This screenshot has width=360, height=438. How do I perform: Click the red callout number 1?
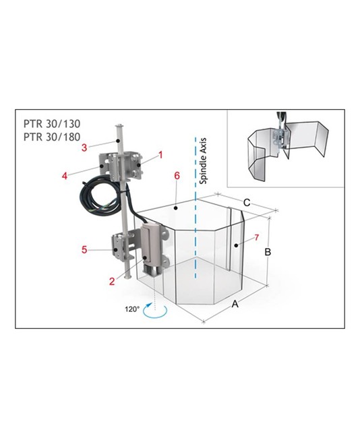[160, 155]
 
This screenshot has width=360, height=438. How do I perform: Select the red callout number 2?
[112, 281]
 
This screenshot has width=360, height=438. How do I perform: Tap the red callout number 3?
[84, 148]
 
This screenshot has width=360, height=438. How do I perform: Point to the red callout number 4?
[65, 176]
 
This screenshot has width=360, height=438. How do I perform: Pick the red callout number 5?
[84, 249]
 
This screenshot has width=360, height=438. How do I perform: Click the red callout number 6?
[177, 176]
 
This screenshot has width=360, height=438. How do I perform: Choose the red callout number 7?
[257, 238]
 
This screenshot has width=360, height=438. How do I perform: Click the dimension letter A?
[235, 304]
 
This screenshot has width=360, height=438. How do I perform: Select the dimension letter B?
[268, 252]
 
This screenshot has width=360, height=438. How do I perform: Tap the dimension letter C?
[247, 202]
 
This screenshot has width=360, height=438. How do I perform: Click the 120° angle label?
[132, 309]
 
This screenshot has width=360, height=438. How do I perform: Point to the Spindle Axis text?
[203, 161]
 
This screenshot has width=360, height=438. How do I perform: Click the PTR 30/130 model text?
[52, 123]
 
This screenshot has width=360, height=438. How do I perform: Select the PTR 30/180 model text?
[52, 137]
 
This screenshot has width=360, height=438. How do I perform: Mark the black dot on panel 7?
[236, 245]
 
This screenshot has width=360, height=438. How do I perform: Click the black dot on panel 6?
[175, 208]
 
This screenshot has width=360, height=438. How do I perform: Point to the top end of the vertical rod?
[120, 125]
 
